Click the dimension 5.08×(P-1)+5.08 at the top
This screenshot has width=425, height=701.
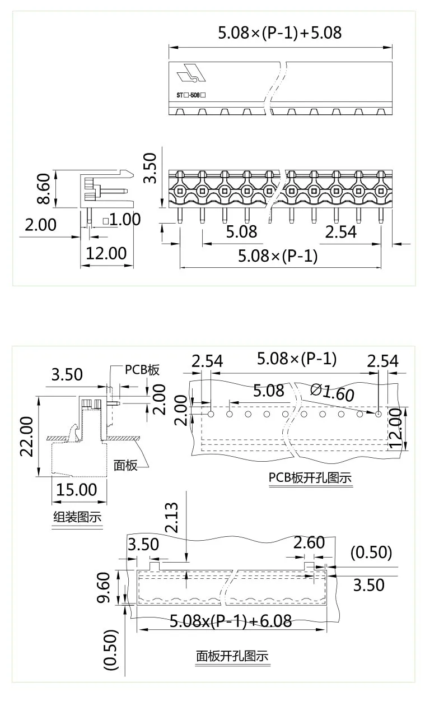point(279,33)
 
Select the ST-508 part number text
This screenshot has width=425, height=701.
point(192,95)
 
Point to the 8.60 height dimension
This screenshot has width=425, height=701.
point(43,189)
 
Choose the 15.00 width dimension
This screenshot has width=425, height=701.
point(76,489)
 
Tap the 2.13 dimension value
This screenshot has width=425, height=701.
point(172,517)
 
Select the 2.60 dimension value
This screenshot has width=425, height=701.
point(309,542)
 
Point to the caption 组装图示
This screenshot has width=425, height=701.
point(77,517)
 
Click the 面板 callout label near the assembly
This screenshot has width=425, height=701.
point(126,465)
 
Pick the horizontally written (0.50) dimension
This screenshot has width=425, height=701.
point(371,553)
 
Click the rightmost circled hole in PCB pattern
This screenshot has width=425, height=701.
point(379,414)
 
